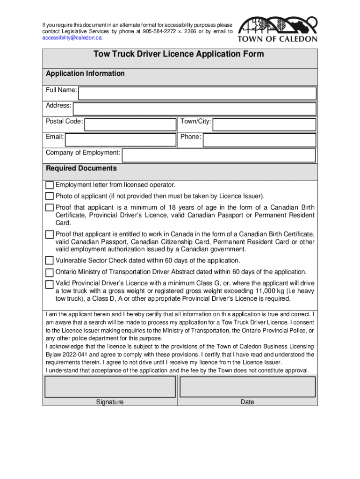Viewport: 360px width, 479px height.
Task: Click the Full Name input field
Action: pos(197,93)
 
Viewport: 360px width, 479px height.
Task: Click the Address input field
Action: pos(195,109)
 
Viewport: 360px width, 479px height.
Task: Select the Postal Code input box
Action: pos(130,124)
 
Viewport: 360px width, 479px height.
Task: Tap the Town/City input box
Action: pos(264,124)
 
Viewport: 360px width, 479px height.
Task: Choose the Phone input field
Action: pos(259,140)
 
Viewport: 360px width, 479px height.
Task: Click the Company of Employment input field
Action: pos(219,156)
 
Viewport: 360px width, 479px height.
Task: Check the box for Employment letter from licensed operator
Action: pos(50,185)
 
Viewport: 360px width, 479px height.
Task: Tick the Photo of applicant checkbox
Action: pos(50,196)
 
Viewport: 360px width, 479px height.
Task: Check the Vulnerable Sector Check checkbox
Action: pos(50,261)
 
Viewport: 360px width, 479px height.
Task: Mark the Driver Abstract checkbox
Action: pos(50,272)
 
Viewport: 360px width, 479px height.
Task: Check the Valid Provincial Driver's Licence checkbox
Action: pos(50,284)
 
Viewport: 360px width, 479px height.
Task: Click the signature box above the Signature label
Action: pos(110,387)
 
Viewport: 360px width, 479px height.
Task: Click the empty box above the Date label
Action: pos(247,387)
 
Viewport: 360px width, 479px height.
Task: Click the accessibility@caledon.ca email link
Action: pos(72,38)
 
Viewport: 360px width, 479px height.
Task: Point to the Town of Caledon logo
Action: pos(278,29)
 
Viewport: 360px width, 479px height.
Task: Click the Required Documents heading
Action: pos(81,168)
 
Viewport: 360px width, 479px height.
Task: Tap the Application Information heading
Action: pos(85,73)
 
